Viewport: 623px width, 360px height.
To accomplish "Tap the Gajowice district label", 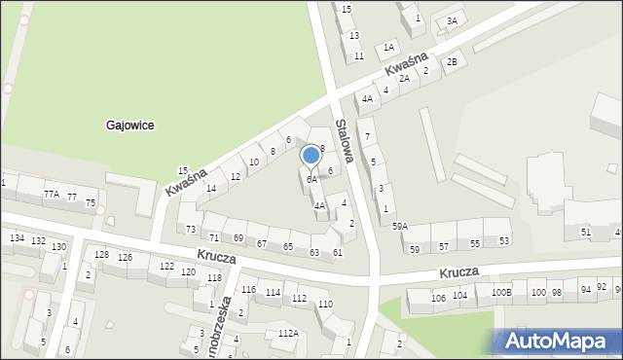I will [130, 126].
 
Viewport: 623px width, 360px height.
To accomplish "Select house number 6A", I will [311, 179].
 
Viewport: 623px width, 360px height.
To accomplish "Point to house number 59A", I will [399, 226].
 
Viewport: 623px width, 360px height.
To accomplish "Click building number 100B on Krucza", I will [500, 292].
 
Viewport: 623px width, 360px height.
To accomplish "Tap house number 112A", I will [287, 334].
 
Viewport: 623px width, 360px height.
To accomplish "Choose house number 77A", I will [51, 194].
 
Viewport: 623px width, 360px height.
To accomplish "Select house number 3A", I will [451, 20].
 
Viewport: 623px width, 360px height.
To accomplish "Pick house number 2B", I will [451, 62].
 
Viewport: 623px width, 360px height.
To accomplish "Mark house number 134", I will [17, 237].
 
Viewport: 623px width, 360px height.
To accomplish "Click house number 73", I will [191, 230].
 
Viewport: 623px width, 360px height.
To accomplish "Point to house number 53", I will [503, 240].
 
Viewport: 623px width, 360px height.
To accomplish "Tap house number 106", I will [438, 298].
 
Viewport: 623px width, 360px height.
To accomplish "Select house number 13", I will [354, 35].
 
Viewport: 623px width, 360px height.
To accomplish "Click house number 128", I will [101, 255].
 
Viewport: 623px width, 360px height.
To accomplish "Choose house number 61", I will [337, 253].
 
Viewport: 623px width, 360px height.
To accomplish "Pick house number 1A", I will [388, 47].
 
